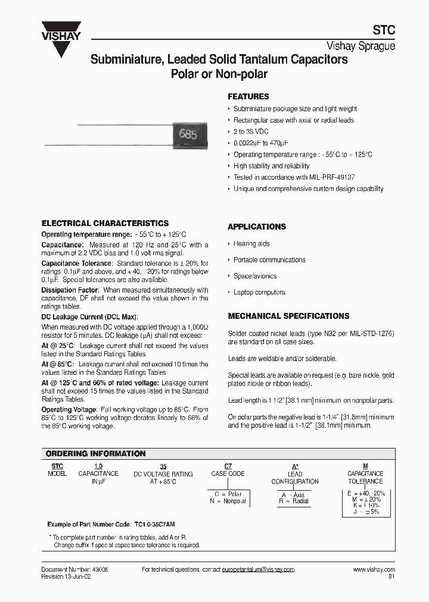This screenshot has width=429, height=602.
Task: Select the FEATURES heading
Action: [248, 96]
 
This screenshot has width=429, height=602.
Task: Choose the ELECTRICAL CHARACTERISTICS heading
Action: [105, 223]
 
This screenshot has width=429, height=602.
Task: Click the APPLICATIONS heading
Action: [257, 227]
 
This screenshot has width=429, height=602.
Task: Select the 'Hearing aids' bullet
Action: [251, 244]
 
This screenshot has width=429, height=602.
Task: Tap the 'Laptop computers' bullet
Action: [260, 292]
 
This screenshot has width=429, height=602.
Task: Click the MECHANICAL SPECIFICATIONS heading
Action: [288, 316]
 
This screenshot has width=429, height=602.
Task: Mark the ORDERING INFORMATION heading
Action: [95, 453]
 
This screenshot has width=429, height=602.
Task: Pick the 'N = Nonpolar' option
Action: [226, 501]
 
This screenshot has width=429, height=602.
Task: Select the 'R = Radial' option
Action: [294, 501]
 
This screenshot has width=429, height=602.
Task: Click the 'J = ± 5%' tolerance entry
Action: [366, 512]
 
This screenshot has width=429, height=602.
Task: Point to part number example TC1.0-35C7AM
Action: [166, 525]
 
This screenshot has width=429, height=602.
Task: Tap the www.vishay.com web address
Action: [374, 569]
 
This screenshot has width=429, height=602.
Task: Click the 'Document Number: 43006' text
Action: [74, 569]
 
